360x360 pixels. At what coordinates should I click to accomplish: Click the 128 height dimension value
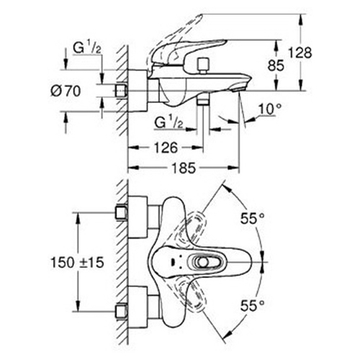[x=300, y=53]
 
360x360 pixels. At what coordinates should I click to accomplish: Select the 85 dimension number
[x=276, y=66]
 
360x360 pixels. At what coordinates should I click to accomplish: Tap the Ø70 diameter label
[x=66, y=91]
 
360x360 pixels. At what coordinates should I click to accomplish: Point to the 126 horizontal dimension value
[x=166, y=148]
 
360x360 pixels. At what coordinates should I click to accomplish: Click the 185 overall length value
[x=184, y=168]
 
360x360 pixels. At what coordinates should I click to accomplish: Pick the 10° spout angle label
[x=269, y=109]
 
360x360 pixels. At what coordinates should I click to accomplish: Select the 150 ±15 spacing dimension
[x=77, y=262]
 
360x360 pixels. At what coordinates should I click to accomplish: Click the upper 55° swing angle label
[x=253, y=218]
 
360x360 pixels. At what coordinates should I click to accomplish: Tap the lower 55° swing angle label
[x=253, y=305]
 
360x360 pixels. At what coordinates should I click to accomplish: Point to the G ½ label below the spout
[x=168, y=123]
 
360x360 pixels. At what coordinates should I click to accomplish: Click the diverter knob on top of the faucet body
[x=203, y=65]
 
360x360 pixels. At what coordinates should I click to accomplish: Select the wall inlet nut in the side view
[x=121, y=91]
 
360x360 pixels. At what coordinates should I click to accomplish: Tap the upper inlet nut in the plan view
[x=121, y=212]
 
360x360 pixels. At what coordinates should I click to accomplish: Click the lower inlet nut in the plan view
[x=121, y=311]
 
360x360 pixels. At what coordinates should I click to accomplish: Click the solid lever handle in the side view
[x=189, y=52]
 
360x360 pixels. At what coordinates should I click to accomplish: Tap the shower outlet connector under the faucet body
[x=203, y=102]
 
